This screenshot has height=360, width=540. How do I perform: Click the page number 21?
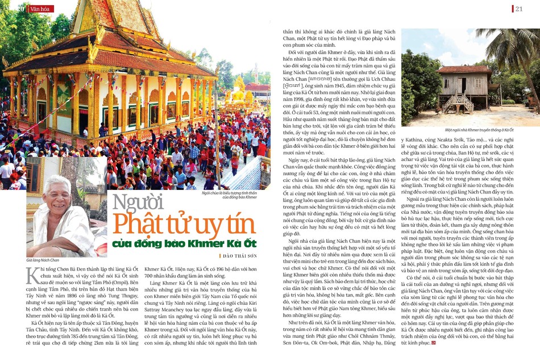[519, 9]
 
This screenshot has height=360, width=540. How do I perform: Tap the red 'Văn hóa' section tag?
[40, 9]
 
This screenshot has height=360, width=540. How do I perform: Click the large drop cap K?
[33, 275]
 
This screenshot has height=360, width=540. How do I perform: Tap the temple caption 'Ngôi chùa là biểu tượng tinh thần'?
[227, 193]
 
